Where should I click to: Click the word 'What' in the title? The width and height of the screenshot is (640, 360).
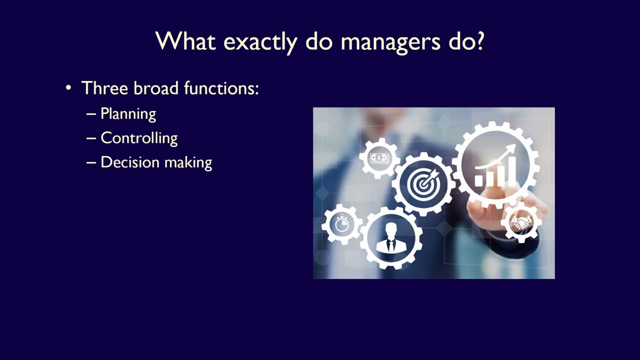pos(184,41)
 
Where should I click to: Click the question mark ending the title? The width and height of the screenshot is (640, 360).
pos(478,41)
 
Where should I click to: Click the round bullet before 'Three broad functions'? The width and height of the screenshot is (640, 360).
pos(68,88)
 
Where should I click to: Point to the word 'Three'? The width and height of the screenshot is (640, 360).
pos(104,88)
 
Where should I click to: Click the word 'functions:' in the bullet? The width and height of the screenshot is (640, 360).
pos(221,88)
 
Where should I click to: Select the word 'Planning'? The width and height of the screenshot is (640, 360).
pos(128,114)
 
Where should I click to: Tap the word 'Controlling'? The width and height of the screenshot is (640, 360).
pos(139,138)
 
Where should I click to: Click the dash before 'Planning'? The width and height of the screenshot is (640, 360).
pos(91,114)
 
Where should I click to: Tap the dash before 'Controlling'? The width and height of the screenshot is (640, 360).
pos(91,138)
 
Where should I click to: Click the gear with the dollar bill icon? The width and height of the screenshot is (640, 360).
pos(379,158)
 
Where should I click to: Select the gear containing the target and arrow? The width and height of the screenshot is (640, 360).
pos(423,184)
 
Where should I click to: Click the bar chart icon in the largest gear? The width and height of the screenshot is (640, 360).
pos(495,167)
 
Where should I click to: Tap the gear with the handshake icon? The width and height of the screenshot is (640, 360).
pos(521,222)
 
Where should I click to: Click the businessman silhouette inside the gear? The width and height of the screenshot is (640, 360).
pos(391,238)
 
